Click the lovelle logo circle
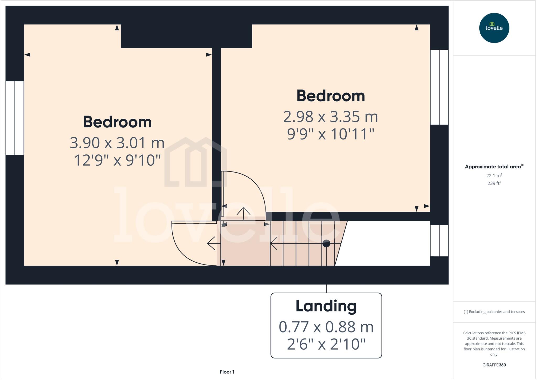tap(494, 28)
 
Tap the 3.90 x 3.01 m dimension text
tap(117, 143)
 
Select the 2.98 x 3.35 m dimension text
tap(330, 117)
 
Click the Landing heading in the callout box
tap(326, 306)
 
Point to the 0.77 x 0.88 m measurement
tap(326, 327)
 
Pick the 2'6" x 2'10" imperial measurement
tap(326, 344)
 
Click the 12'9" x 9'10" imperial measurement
tap(117, 160)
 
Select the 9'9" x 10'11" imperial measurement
tap(330, 134)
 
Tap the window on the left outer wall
tap(15, 118)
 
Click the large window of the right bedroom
tap(439, 87)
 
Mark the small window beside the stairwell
tap(439, 241)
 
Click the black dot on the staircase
tap(326, 243)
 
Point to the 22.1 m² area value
tap(494, 175)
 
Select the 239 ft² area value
tap(494, 183)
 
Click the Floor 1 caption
tap(227, 372)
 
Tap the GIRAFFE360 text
tap(494, 365)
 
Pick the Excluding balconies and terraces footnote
tap(494, 312)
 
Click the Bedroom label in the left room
tap(117, 122)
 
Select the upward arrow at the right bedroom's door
tap(244, 213)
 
